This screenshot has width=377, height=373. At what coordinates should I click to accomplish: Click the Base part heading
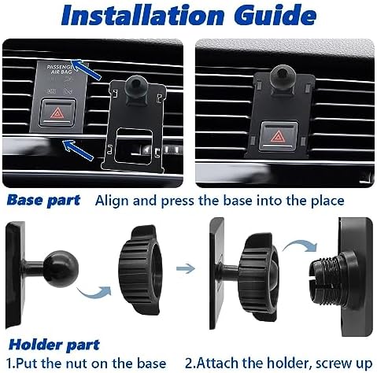point(44,199)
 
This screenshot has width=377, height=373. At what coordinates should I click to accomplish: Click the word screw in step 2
point(313,362)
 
